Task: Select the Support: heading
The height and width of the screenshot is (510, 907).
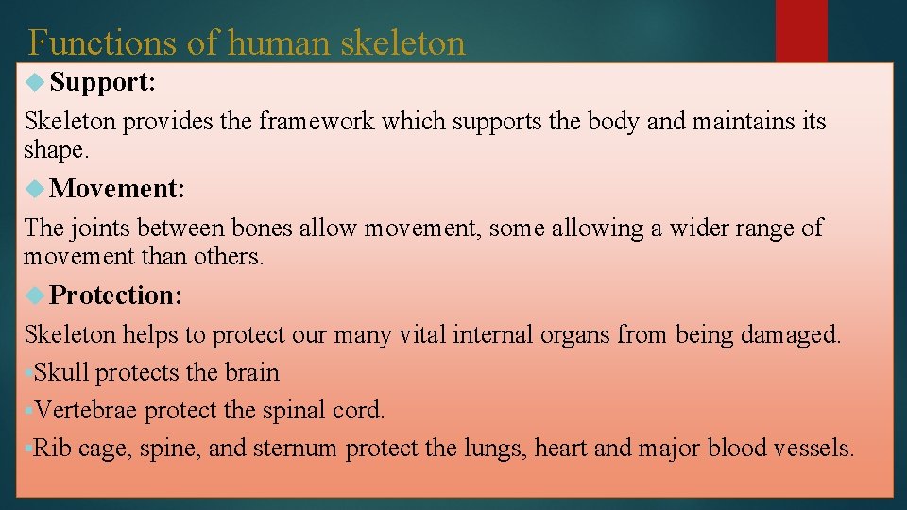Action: [103, 82]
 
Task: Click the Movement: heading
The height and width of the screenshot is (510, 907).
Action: [117, 189]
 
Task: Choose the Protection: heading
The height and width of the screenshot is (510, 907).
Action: [116, 296]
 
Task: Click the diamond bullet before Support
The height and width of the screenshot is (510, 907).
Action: [36, 83]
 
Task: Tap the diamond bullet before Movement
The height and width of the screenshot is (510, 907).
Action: [36, 189]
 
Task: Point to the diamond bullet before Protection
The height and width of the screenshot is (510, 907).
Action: [36, 296]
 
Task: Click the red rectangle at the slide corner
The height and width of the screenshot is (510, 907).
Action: [801, 30]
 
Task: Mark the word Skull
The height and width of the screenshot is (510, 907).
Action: [61, 373]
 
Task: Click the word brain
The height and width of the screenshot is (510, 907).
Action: [252, 373]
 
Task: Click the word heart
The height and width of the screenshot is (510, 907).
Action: [561, 449]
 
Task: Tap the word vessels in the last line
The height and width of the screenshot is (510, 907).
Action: [818, 449]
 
